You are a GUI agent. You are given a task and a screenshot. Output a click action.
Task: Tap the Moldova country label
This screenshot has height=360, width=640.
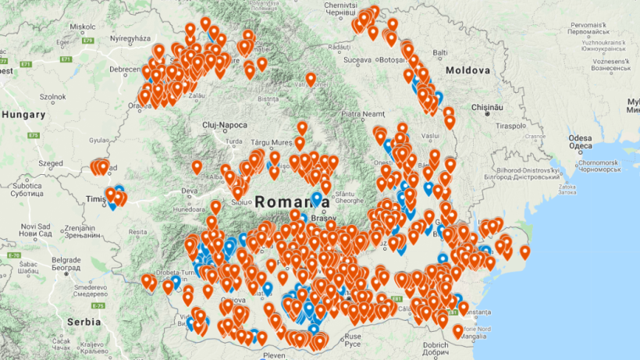click(468, 71)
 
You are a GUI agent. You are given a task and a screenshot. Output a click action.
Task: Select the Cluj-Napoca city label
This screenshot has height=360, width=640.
click(224, 125)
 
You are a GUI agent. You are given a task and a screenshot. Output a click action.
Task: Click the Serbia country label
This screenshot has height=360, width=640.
click(83, 322)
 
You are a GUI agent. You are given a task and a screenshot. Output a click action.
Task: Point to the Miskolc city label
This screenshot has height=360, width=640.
click(82, 26)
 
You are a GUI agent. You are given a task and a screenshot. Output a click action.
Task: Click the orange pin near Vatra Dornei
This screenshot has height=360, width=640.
click(311, 79)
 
